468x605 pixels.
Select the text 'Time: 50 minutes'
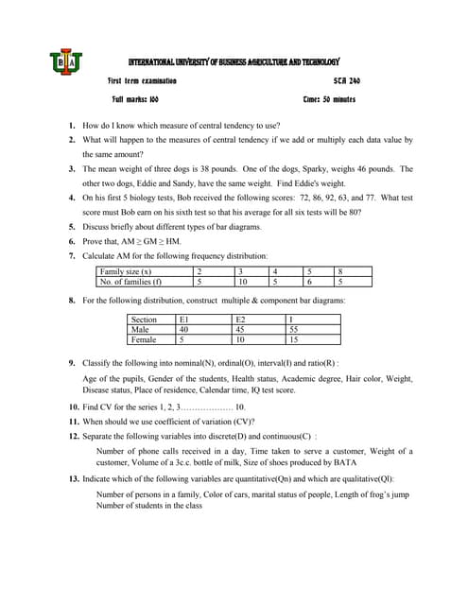329,99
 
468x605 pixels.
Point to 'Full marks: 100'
135,99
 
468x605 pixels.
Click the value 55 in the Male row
294,330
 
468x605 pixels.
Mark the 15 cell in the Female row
294,339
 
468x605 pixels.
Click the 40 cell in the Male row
184,330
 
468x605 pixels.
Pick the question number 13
73,479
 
